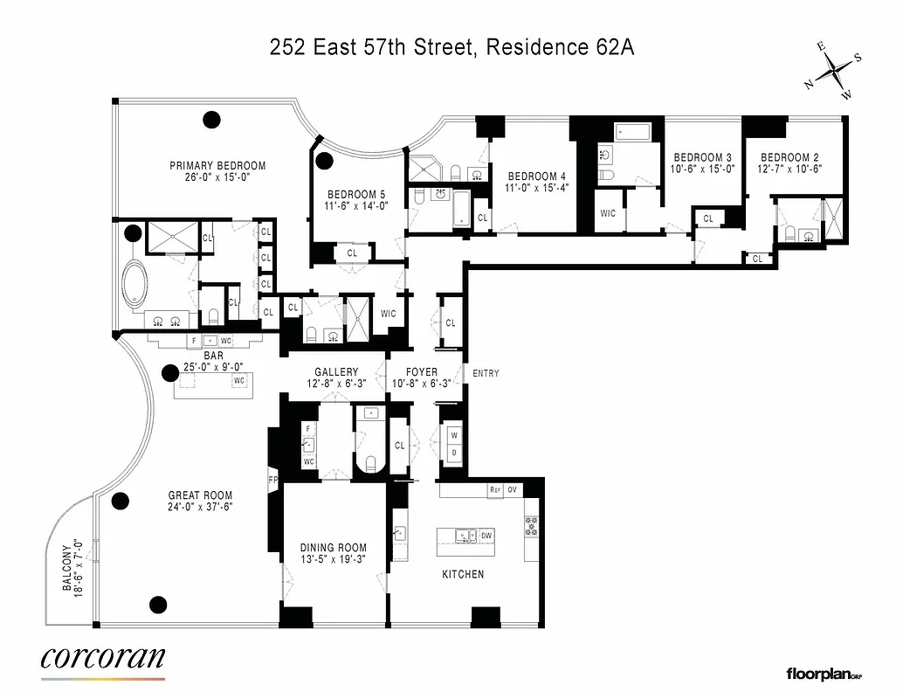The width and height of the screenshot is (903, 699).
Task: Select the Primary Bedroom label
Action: coord(217,165)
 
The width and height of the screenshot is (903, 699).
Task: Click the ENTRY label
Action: coord(486,374)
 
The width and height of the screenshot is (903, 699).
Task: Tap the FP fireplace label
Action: coord(272,480)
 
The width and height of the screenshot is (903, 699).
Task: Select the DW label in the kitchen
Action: coord(486,536)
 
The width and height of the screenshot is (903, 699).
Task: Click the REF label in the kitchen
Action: coord(495,490)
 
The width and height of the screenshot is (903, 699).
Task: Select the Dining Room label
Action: coord(334,548)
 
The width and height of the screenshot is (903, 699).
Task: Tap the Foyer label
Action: coord(422,371)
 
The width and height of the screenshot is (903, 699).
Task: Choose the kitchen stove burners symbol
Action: coord(530,526)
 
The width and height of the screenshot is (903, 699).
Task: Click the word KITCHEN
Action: coord(463,574)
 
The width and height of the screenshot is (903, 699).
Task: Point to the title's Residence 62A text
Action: coord(560,48)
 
